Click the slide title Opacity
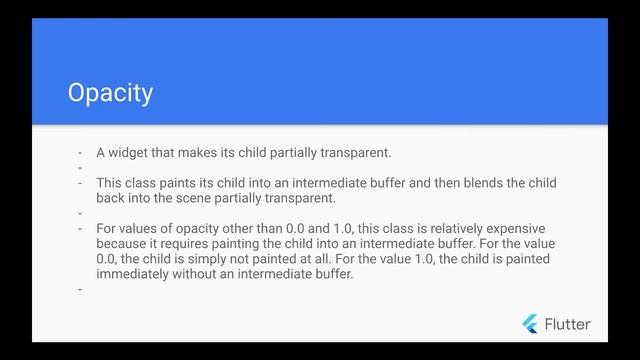tap(110, 93)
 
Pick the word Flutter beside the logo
tap(567, 324)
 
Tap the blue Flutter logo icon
tap(530, 323)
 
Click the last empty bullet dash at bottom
tap(79, 290)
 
